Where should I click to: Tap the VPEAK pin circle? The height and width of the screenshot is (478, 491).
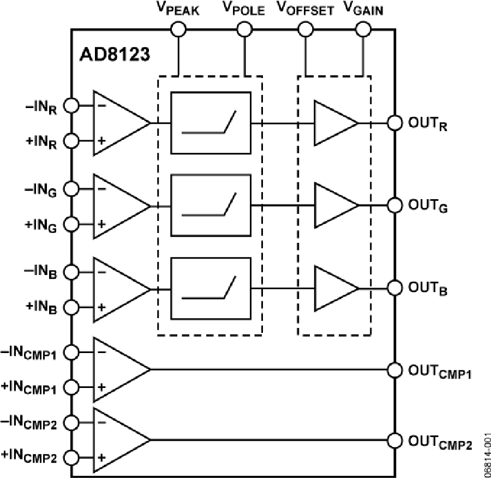tap(178, 29)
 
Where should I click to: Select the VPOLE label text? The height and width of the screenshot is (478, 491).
tap(243, 9)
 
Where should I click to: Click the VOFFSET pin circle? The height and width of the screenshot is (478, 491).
tap(304, 29)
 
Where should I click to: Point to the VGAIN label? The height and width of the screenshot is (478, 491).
tap(362, 9)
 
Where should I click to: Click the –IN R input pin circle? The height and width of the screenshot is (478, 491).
tap(72, 105)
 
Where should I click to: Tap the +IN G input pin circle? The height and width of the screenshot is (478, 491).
tap(72, 224)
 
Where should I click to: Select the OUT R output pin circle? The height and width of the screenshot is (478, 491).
tap(394, 123)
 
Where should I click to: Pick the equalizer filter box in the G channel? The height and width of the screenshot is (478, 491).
tap(211, 205)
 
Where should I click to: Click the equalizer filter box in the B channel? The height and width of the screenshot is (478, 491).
tap(211, 289)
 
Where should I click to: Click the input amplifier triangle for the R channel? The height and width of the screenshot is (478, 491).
tap(117, 123)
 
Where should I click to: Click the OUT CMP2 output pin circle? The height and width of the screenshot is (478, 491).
tap(394, 440)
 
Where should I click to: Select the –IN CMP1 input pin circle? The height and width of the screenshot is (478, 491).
tap(72, 352)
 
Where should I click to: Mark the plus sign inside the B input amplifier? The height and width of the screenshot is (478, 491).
tap(101, 307)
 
